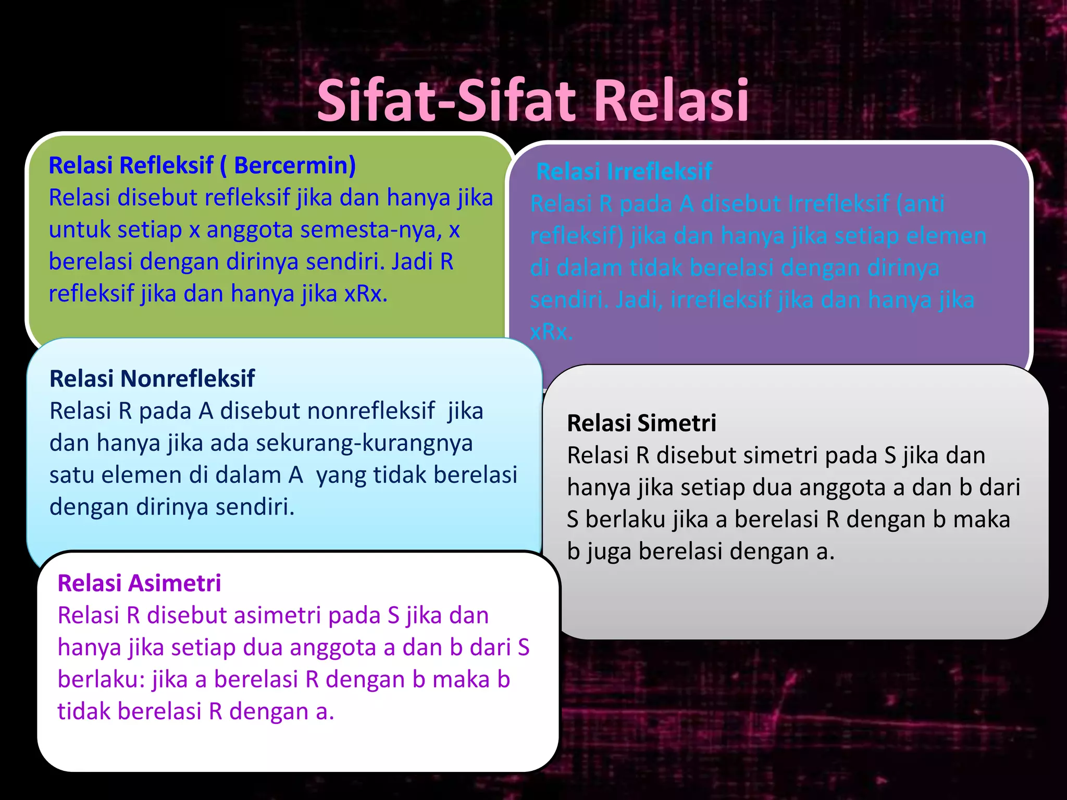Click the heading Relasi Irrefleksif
(x=624, y=171)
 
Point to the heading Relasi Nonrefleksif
(x=152, y=379)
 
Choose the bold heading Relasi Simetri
(x=641, y=423)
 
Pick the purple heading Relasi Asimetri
(x=139, y=583)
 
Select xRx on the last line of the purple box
(x=551, y=332)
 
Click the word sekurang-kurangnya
(x=364, y=443)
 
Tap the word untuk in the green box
(x=79, y=230)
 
